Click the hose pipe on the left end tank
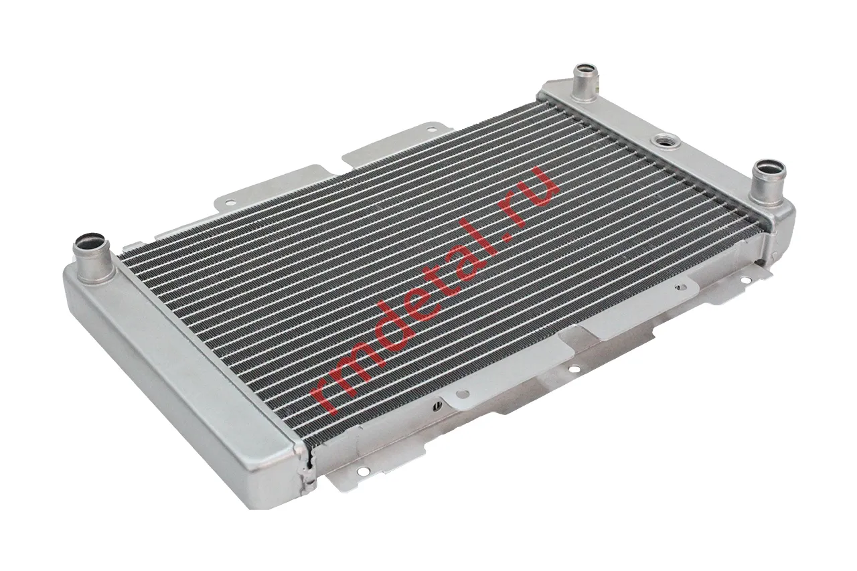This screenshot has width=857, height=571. pos(93,257)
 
